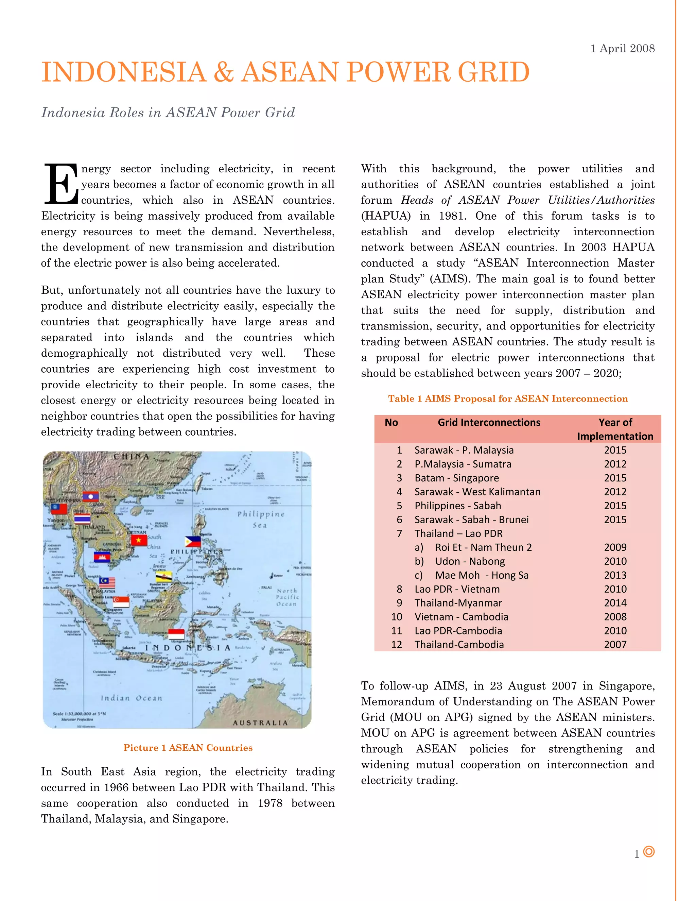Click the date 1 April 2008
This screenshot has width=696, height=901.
(x=622, y=48)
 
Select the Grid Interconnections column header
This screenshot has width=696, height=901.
(x=489, y=422)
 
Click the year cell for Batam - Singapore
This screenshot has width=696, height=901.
(x=615, y=478)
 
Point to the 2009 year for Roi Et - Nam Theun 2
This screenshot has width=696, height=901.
(x=615, y=547)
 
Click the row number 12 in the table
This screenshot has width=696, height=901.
(x=396, y=644)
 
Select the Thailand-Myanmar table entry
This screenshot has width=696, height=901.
(x=458, y=603)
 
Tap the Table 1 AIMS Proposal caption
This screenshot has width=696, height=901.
(x=508, y=398)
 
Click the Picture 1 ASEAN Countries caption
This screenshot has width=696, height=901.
(x=188, y=748)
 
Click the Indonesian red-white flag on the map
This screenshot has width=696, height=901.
(x=176, y=634)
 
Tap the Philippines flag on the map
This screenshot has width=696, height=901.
(x=193, y=542)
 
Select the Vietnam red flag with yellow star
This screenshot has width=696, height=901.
(x=139, y=540)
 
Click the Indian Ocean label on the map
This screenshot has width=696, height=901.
(x=132, y=698)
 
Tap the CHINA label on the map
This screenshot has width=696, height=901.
(x=131, y=456)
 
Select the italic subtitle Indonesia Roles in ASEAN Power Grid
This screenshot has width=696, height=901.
(x=168, y=113)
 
